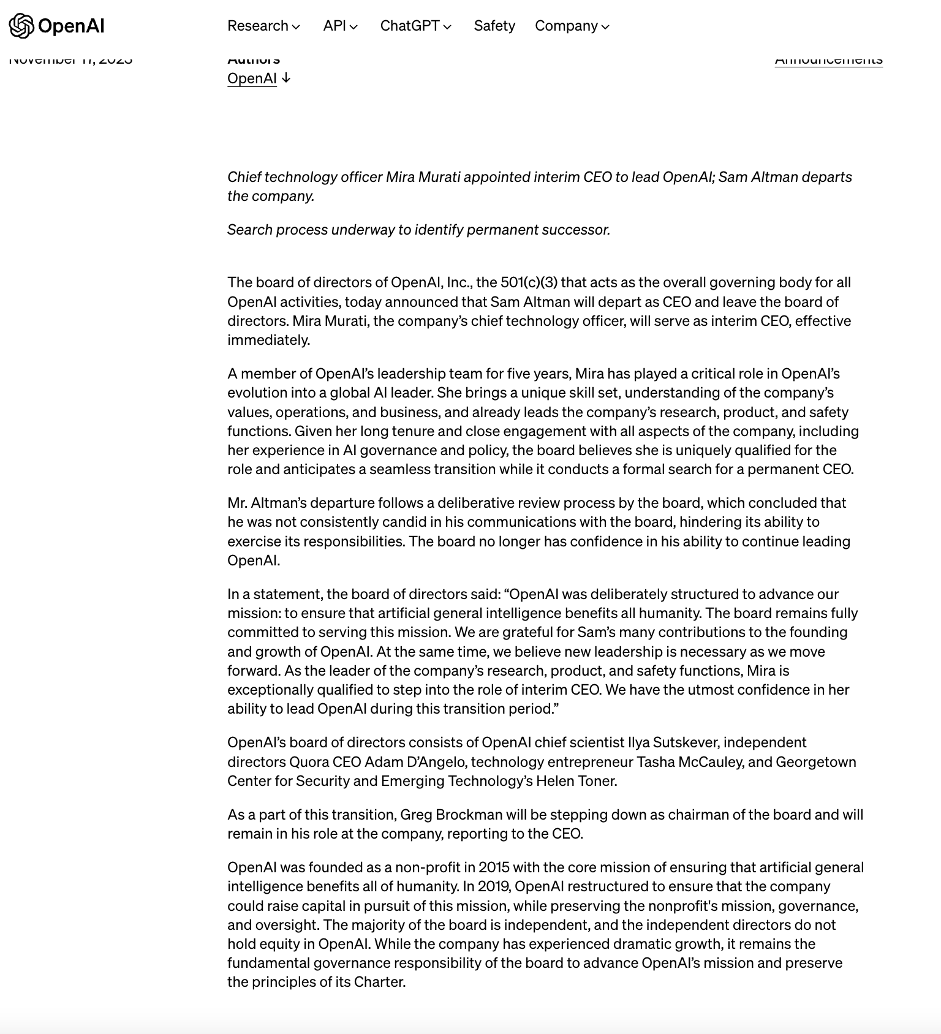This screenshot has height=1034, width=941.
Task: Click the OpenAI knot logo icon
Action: tap(21, 26)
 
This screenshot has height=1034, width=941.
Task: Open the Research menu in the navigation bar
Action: tap(263, 26)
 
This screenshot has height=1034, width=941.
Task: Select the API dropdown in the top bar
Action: tap(340, 26)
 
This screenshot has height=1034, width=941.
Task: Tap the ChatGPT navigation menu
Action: tap(415, 26)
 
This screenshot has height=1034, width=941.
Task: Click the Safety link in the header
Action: tap(494, 26)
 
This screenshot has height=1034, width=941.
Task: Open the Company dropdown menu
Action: tap(572, 26)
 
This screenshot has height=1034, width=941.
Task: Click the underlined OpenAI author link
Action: tap(252, 78)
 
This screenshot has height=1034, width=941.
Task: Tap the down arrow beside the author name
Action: tap(286, 78)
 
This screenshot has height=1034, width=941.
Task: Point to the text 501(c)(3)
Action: tap(529, 282)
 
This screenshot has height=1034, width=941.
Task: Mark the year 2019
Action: tap(494, 886)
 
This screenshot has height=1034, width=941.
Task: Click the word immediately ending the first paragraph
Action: tap(268, 340)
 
